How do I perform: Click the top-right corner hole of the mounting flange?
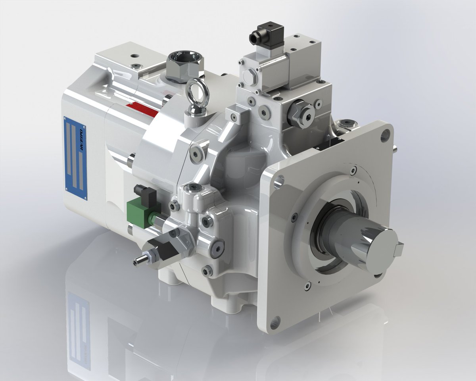(x=384, y=137)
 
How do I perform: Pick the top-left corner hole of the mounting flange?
(x=279, y=181)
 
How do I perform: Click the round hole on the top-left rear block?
(x=134, y=56)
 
